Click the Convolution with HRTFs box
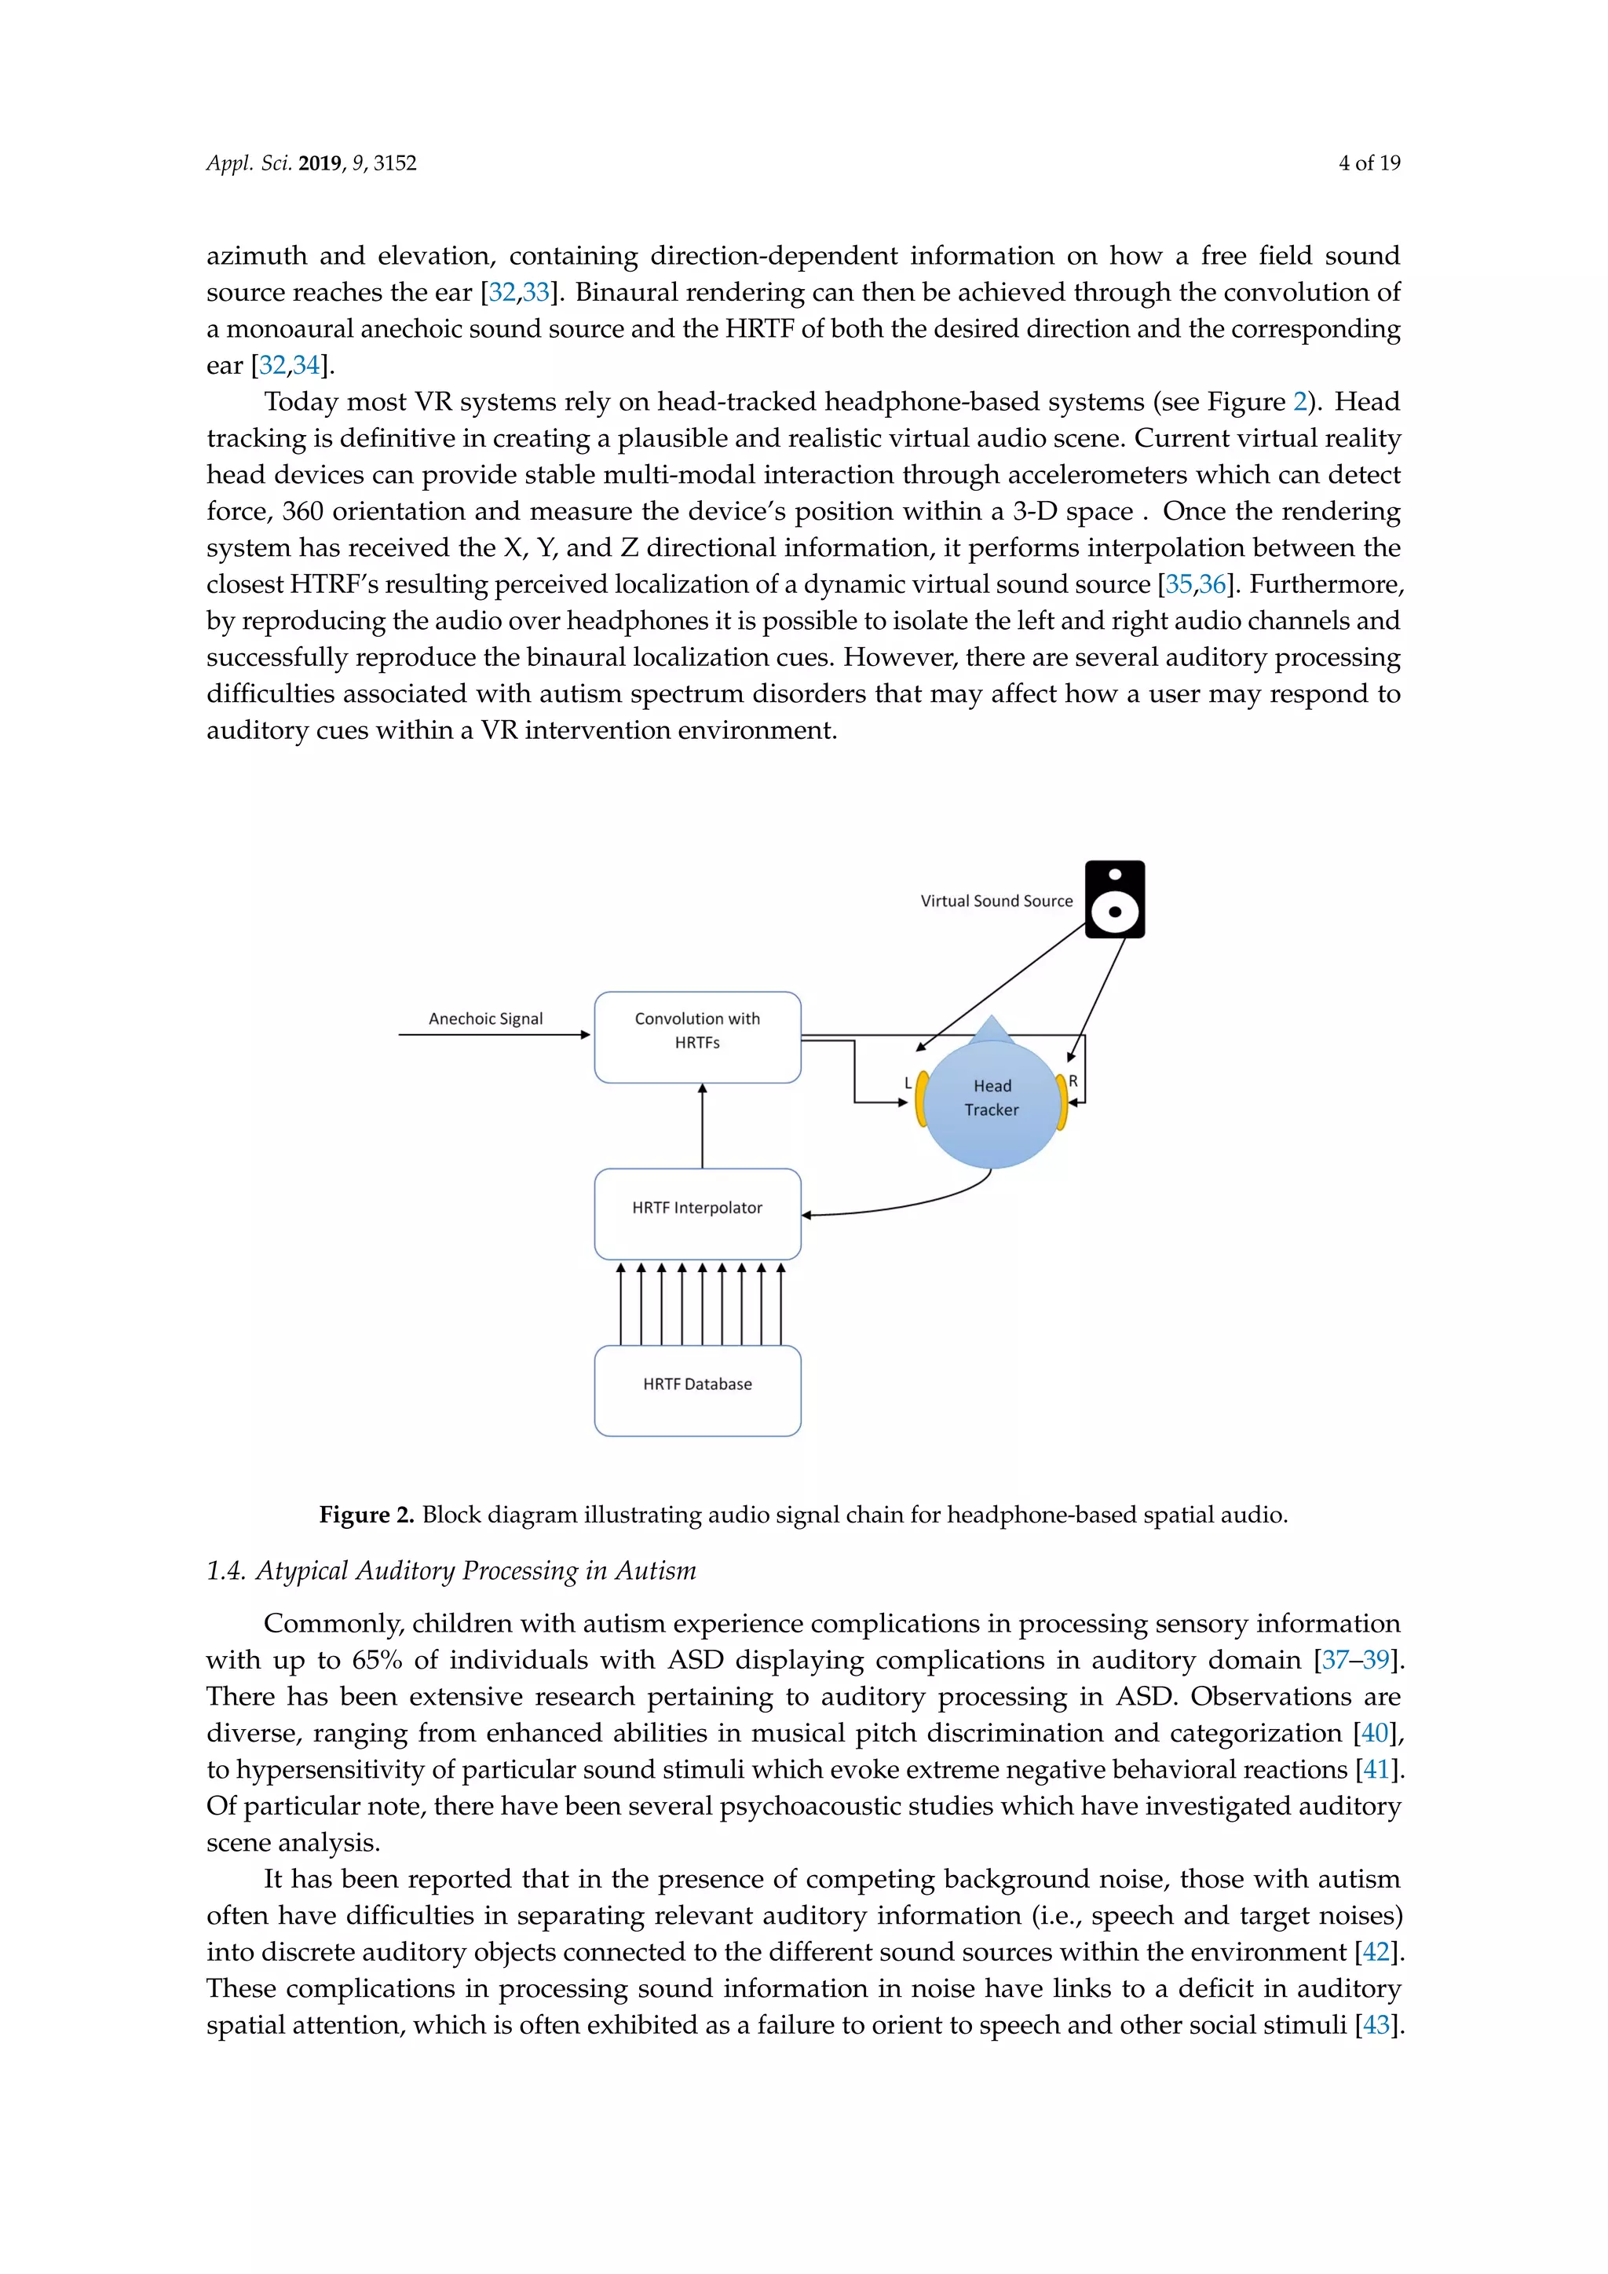tap(697, 1037)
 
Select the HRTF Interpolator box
tap(697, 1213)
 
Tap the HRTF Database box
tap(697, 1390)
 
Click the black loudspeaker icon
tap(1115, 899)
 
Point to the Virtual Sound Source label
tap(996, 901)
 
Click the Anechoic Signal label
tap(485, 1018)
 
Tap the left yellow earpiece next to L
tap(921, 1099)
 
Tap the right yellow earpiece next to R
tap(1062, 1102)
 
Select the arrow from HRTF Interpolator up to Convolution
tap(702, 1127)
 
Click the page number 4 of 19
tap(1369, 163)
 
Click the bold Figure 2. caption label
tap(365, 1515)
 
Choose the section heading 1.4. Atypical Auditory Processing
tap(451, 1570)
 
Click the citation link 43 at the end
tap(1376, 2024)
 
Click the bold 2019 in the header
tap(319, 163)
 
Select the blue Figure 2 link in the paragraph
tap(1299, 402)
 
